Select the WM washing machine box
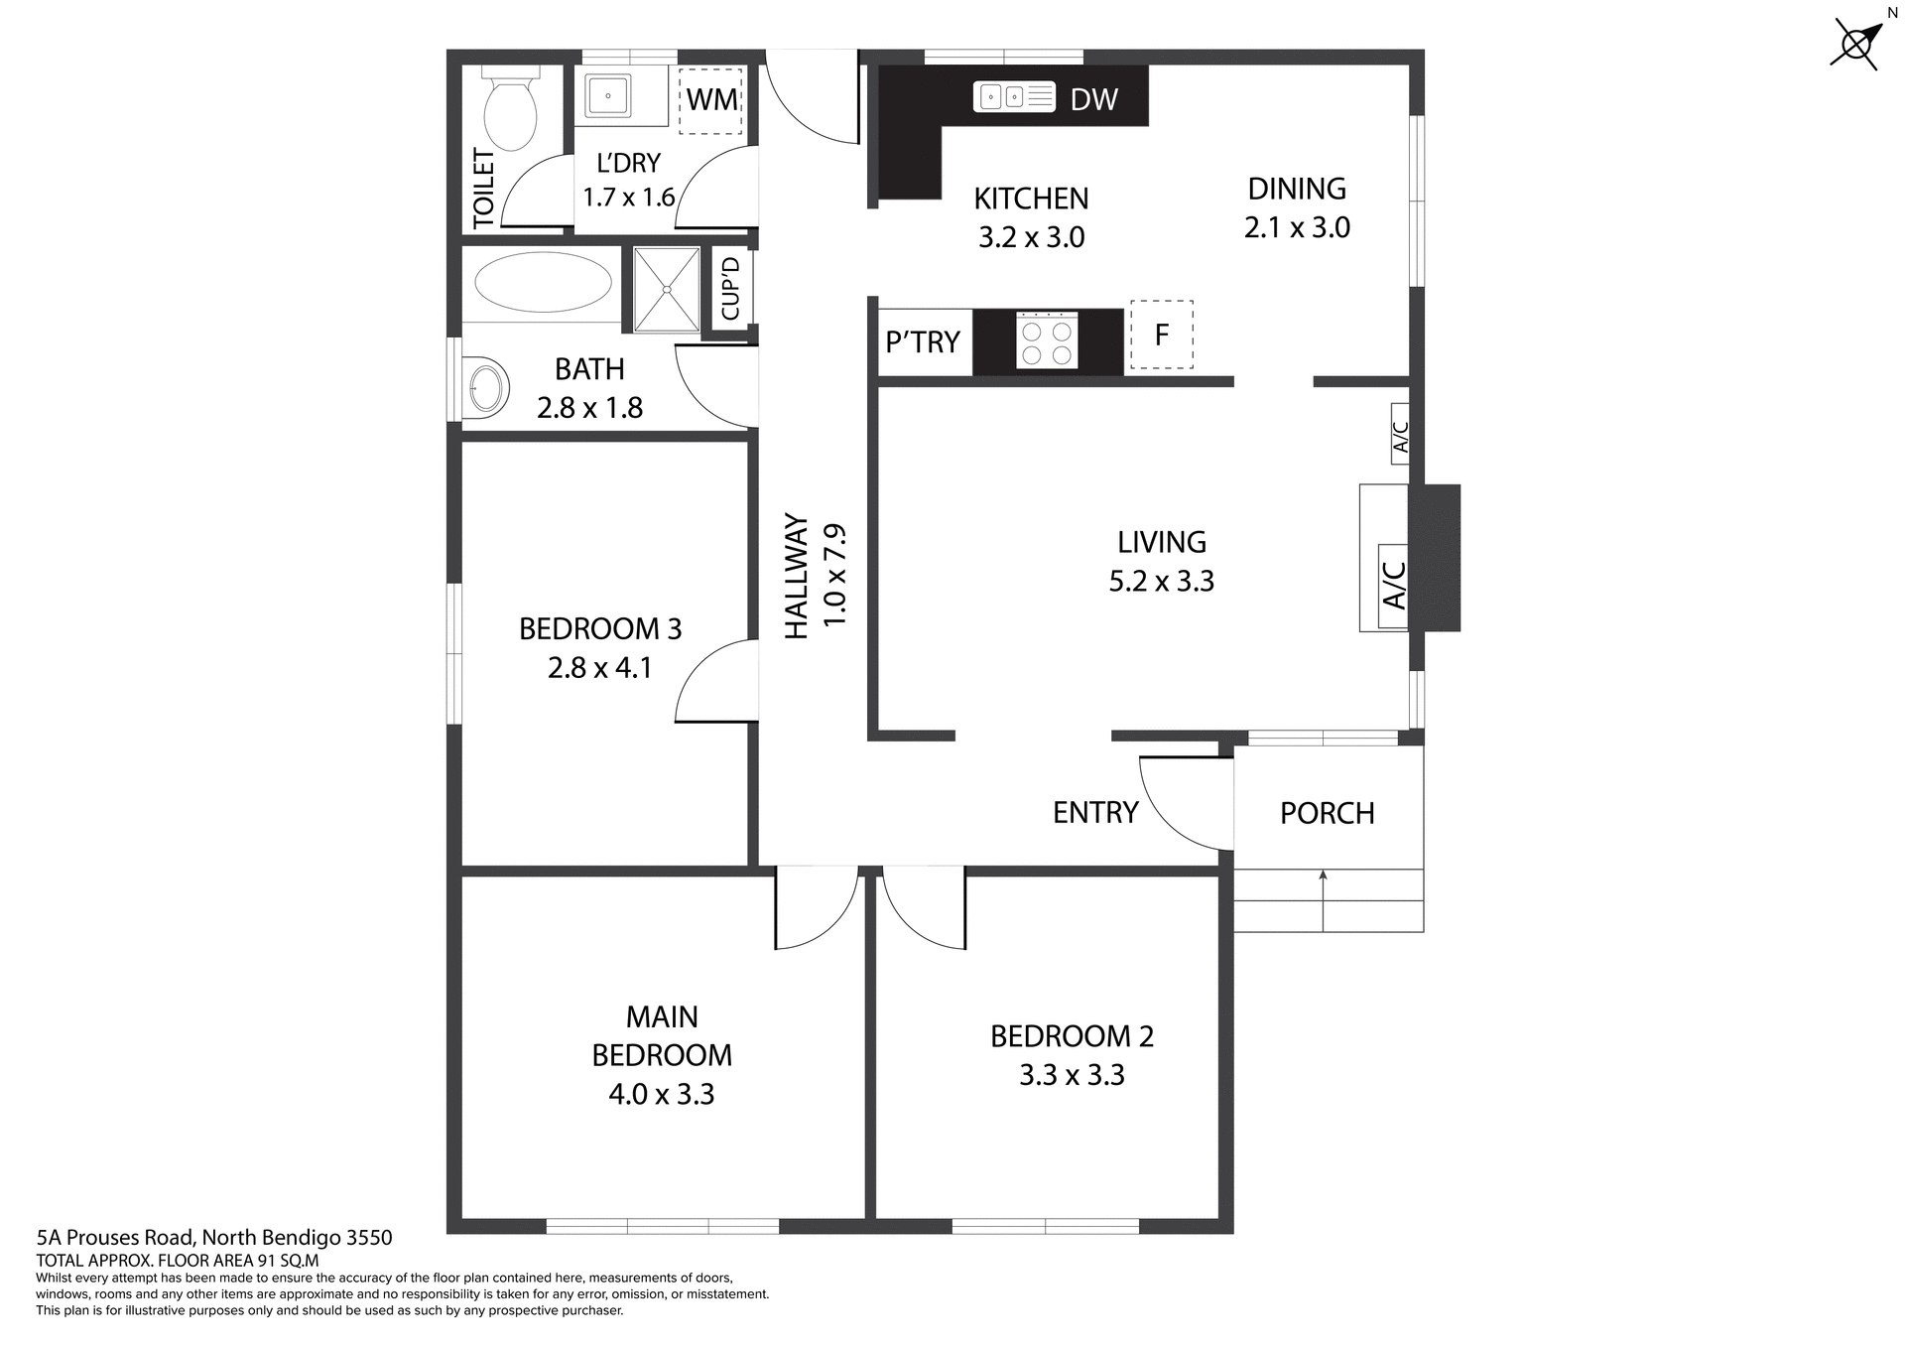pos(710,99)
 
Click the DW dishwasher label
pos(1093,99)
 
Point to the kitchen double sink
pos(1013,96)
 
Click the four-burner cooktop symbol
pos(1047,340)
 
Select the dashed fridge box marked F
pos(1161,336)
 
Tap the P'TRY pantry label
pos(923,342)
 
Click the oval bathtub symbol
pos(543,282)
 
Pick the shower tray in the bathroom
pos(667,289)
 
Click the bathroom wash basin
pos(485,387)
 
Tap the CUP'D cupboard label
pos(731,289)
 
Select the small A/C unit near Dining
pos(1400,434)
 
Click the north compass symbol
pos(1854,44)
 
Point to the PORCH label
pos(1327,813)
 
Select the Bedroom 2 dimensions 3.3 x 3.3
pos(1072,1075)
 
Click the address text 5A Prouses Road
pos(214,1238)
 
